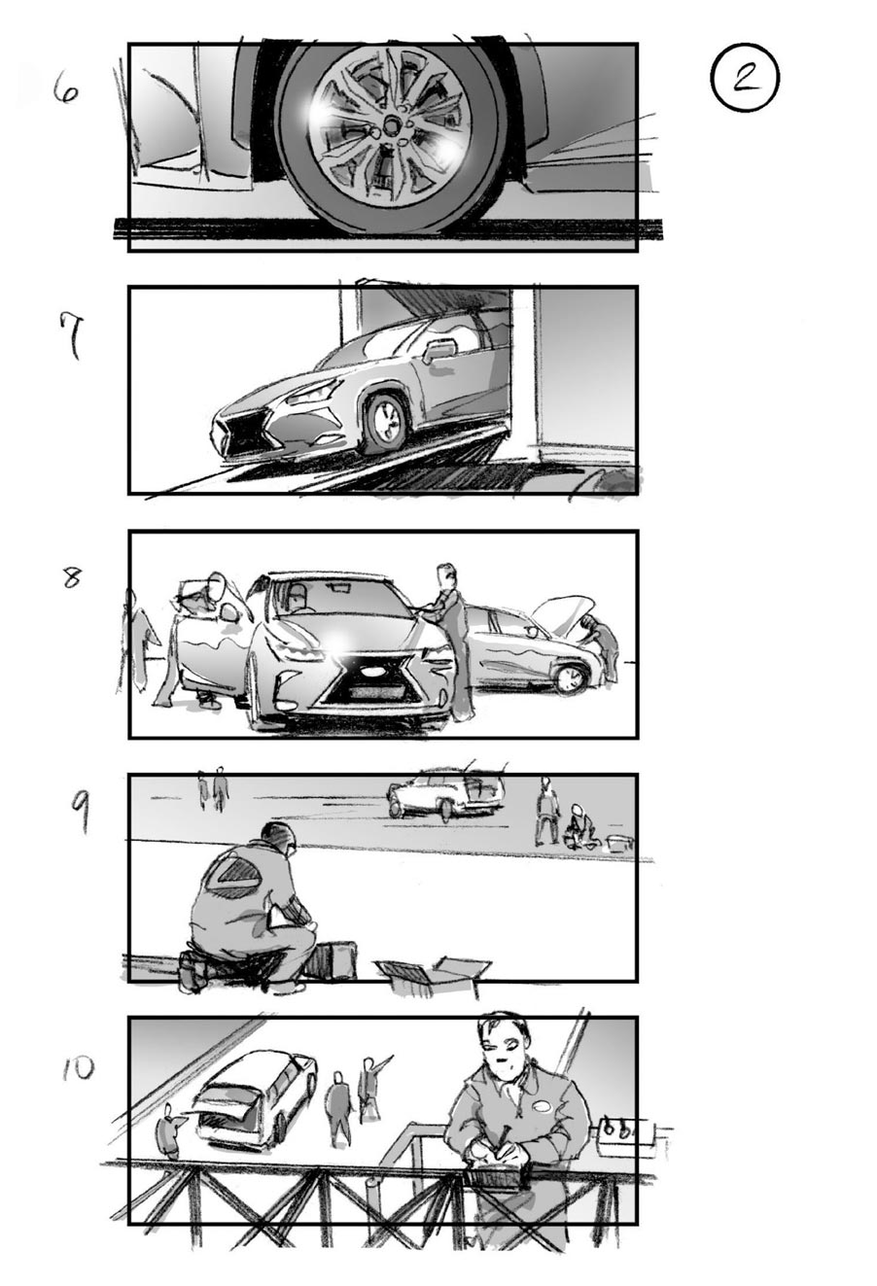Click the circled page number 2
point(745,79)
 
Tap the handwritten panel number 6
point(65,92)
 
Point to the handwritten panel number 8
point(72,577)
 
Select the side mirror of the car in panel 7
point(439,351)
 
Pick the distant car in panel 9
point(446,793)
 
